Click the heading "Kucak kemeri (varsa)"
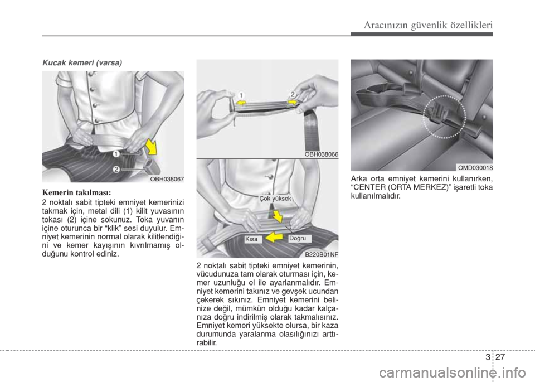tap(82, 63)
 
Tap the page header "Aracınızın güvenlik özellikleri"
tap(428, 25)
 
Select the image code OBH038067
tap(167, 179)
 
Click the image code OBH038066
tap(322, 154)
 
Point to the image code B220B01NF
tap(322, 254)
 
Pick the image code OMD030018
tap(475, 168)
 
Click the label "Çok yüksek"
tap(275, 199)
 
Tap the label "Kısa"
tap(251, 239)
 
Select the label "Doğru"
tap(298, 239)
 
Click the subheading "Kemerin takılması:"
tap(77, 192)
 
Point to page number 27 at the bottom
tap(500, 357)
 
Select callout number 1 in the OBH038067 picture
tap(116, 154)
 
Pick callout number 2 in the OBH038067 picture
tap(116, 169)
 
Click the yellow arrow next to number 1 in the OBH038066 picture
tap(242, 102)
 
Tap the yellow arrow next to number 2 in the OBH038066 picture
tap(291, 102)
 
